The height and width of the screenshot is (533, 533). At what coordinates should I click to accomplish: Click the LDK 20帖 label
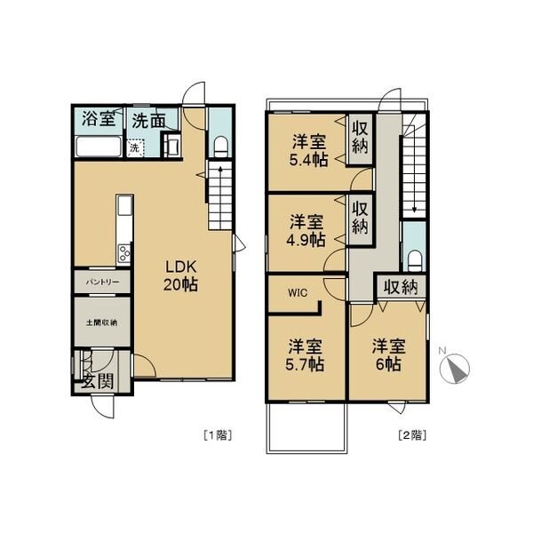[181, 275]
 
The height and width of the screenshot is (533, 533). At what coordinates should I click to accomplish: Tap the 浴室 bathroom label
[99, 119]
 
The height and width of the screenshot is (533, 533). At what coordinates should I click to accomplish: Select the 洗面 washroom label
[148, 120]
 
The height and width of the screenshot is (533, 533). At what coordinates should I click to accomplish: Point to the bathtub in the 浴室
[99, 147]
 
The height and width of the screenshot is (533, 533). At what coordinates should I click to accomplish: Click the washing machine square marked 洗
[135, 148]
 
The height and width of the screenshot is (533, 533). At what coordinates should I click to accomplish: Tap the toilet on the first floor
[220, 147]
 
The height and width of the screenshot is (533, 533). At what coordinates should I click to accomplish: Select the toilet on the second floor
[414, 260]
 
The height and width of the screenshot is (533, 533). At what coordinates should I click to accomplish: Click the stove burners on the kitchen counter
[124, 253]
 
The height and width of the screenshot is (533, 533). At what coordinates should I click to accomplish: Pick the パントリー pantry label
[102, 282]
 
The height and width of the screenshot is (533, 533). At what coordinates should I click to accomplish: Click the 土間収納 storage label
[101, 322]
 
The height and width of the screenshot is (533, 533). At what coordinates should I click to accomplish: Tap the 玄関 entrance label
[99, 381]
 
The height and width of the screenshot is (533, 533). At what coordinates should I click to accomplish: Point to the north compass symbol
[455, 368]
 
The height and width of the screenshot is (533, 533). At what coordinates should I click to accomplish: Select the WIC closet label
[298, 292]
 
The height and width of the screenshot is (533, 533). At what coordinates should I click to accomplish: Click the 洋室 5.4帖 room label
[308, 151]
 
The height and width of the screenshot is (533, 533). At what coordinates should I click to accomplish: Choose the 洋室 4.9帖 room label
[306, 231]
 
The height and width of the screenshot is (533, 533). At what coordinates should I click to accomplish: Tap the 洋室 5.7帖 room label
[305, 354]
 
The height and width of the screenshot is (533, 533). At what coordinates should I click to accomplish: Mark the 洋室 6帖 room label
[388, 354]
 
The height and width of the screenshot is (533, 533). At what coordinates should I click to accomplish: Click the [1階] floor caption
[218, 435]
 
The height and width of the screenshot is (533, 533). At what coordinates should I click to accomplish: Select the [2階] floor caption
[412, 435]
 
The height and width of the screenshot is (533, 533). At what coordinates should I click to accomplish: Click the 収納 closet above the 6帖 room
[401, 288]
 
